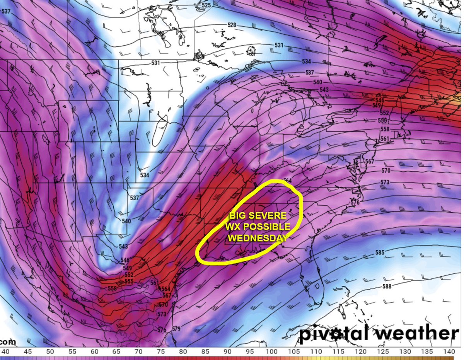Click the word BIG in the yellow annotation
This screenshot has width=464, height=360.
point(239,215)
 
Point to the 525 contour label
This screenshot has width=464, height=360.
point(206,5)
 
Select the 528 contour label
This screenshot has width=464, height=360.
point(232,25)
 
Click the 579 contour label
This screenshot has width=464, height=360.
point(176,329)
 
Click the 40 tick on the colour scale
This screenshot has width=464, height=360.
point(5,352)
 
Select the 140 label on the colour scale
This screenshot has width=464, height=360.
point(449,352)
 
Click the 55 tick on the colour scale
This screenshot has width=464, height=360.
point(72,352)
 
